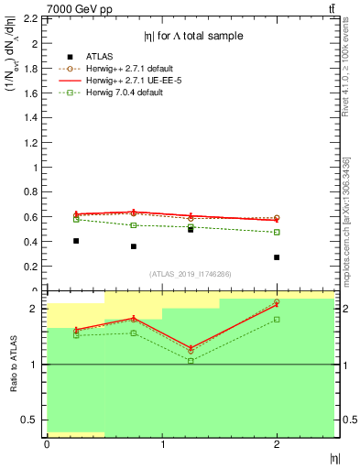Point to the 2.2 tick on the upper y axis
click(x=34, y=18)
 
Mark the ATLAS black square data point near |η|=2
click(x=277, y=257)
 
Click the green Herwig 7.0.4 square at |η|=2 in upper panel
click(x=277, y=232)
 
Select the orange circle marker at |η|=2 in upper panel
click(x=277, y=218)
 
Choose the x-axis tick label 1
click(x=162, y=444)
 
